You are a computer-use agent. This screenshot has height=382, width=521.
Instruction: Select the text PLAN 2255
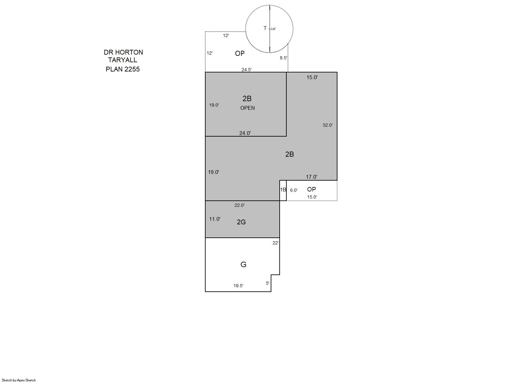click(x=123, y=69)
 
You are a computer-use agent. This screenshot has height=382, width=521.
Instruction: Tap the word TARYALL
click(x=123, y=60)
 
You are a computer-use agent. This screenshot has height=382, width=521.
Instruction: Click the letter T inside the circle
click(x=265, y=28)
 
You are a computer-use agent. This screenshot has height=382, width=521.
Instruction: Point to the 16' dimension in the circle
click(x=273, y=29)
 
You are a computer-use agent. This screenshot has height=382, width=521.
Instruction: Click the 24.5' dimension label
click(x=246, y=70)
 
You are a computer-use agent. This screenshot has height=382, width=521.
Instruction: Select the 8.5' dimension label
click(x=283, y=58)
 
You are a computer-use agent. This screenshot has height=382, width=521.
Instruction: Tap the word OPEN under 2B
click(x=247, y=108)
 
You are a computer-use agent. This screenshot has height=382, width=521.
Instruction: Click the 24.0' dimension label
click(x=245, y=133)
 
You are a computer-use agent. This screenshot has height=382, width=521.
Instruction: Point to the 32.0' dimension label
click(x=328, y=125)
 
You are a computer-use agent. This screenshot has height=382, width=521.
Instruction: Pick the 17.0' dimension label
click(x=312, y=177)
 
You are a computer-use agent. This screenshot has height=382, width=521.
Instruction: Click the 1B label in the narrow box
click(x=283, y=190)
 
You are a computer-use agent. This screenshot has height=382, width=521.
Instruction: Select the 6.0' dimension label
click(x=294, y=191)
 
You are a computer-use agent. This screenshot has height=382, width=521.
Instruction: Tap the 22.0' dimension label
click(x=239, y=205)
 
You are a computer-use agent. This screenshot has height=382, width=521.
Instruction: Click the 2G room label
click(x=241, y=222)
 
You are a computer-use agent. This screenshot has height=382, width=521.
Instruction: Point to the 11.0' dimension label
click(x=215, y=219)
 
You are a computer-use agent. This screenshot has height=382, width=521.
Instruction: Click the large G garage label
click(x=243, y=265)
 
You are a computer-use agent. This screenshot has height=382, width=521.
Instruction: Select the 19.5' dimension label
click(x=238, y=286)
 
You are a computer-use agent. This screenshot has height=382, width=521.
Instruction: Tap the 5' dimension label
click(x=268, y=283)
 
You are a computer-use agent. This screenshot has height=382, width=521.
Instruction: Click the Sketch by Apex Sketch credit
click(x=19, y=380)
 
